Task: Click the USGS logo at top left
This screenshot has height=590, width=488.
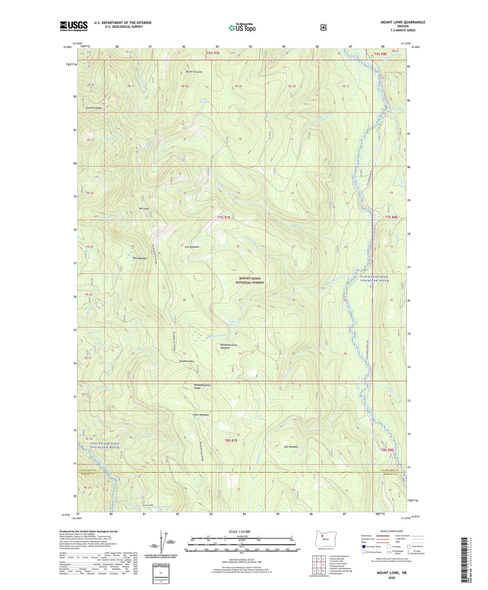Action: click(74, 26)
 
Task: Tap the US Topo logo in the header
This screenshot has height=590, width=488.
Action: click(242, 28)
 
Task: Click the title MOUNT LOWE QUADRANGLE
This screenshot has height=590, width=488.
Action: click(403, 22)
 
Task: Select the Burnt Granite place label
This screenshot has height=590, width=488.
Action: click(194, 72)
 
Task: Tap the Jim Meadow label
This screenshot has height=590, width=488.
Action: click(192, 247)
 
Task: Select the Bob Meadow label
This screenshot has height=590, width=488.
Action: click(140, 258)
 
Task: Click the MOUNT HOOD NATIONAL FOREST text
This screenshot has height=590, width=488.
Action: click(250, 281)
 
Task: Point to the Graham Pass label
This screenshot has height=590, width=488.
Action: click(187, 361)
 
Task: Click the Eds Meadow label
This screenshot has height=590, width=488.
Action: click(291, 447)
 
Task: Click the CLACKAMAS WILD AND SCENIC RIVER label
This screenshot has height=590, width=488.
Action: click(374, 279)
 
